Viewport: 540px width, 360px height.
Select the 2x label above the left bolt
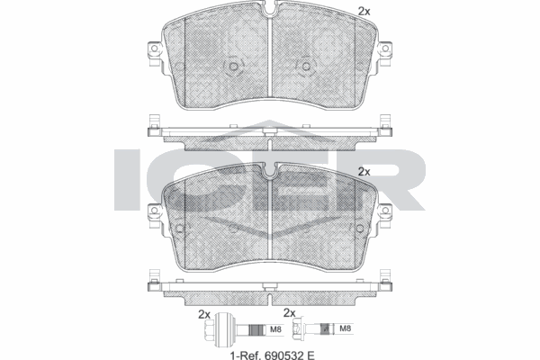click(x=203, y=313)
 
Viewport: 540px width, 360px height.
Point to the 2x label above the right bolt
click(x=290, y=313)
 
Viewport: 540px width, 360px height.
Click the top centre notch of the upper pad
click(x=270, y=13)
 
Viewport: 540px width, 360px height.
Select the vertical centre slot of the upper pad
click(x=270, y=54)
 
